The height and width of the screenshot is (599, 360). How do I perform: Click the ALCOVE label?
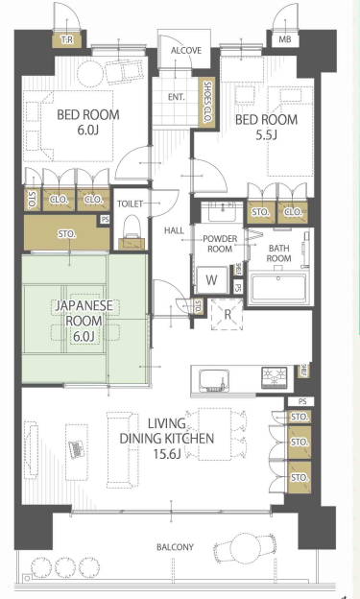pyautogui.click(x=185, y=51)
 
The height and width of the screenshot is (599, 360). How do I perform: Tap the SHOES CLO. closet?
pyautogui.click(x=208, y=103)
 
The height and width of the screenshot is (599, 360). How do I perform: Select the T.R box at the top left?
pyautogui.click(x=67, y=39)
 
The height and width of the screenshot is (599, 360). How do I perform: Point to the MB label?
pyautogui.click(x=284, y=39)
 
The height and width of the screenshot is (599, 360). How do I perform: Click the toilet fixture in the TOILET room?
pyautogui.click(x=132, y=232)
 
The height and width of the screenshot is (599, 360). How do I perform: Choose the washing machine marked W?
pyautogui.click(x=211, y=279)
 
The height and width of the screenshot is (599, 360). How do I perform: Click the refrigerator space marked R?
pyautogui.click(x=228, y=315)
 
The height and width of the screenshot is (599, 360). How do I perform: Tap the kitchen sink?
pyautogui.click(x=214, y=380)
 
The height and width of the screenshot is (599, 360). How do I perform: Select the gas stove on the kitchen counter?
pyautogui.click(x=274, y=377)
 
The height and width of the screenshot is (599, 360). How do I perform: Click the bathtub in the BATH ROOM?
pyautogui.click(x=278, y=288)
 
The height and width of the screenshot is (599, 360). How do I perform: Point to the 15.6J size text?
pyautogui.click(x=167, y=454)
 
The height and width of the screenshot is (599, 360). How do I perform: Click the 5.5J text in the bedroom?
pyautogui.click(x=266, y=134)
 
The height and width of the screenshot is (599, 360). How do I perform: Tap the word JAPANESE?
pyautogui.click(x=84, y=305)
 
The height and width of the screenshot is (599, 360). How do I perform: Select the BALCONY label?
pyautogui.click(x=175, y=547)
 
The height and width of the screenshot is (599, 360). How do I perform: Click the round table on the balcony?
pyautogui.click(x=242, y=546)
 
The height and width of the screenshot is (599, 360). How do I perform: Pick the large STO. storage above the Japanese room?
pyautogui.click(x=66, y=233)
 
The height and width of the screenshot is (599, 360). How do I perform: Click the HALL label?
pyautogui.click(x=174, y=230)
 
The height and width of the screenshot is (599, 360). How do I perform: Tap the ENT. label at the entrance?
pyautogui.click(x=177, y=97)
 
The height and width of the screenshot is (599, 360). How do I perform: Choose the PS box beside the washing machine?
pyautogui.click(x=238, y=286)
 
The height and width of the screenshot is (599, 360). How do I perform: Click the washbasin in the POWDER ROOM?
pyautogui.click(x=222, y=212)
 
